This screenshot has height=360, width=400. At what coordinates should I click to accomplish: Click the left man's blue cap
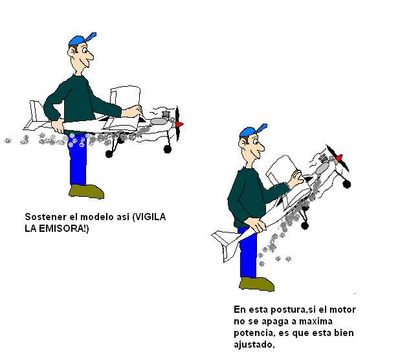coord(80,39)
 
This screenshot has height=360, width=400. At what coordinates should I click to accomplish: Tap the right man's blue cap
coord(251,131)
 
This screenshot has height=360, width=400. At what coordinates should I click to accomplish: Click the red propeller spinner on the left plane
coord(180,124)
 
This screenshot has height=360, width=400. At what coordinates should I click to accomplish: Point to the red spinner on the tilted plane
coord(339,158)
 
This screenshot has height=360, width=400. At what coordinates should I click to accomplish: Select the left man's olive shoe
coord(87,192)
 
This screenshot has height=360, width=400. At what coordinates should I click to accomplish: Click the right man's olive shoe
coord(256,284)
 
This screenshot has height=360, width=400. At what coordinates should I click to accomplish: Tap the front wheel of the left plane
coord(168,150)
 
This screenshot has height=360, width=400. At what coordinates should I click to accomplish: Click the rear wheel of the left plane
coord(109,154)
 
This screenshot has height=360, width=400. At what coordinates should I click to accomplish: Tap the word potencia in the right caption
coord(254,333)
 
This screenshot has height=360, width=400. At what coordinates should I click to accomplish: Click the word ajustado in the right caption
coord(254,344)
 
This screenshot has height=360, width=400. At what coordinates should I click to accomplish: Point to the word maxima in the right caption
coord(316,321)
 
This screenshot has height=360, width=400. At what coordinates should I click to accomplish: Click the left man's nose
coord(90,56)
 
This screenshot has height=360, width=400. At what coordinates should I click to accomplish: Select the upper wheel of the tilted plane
coord(347,184)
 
